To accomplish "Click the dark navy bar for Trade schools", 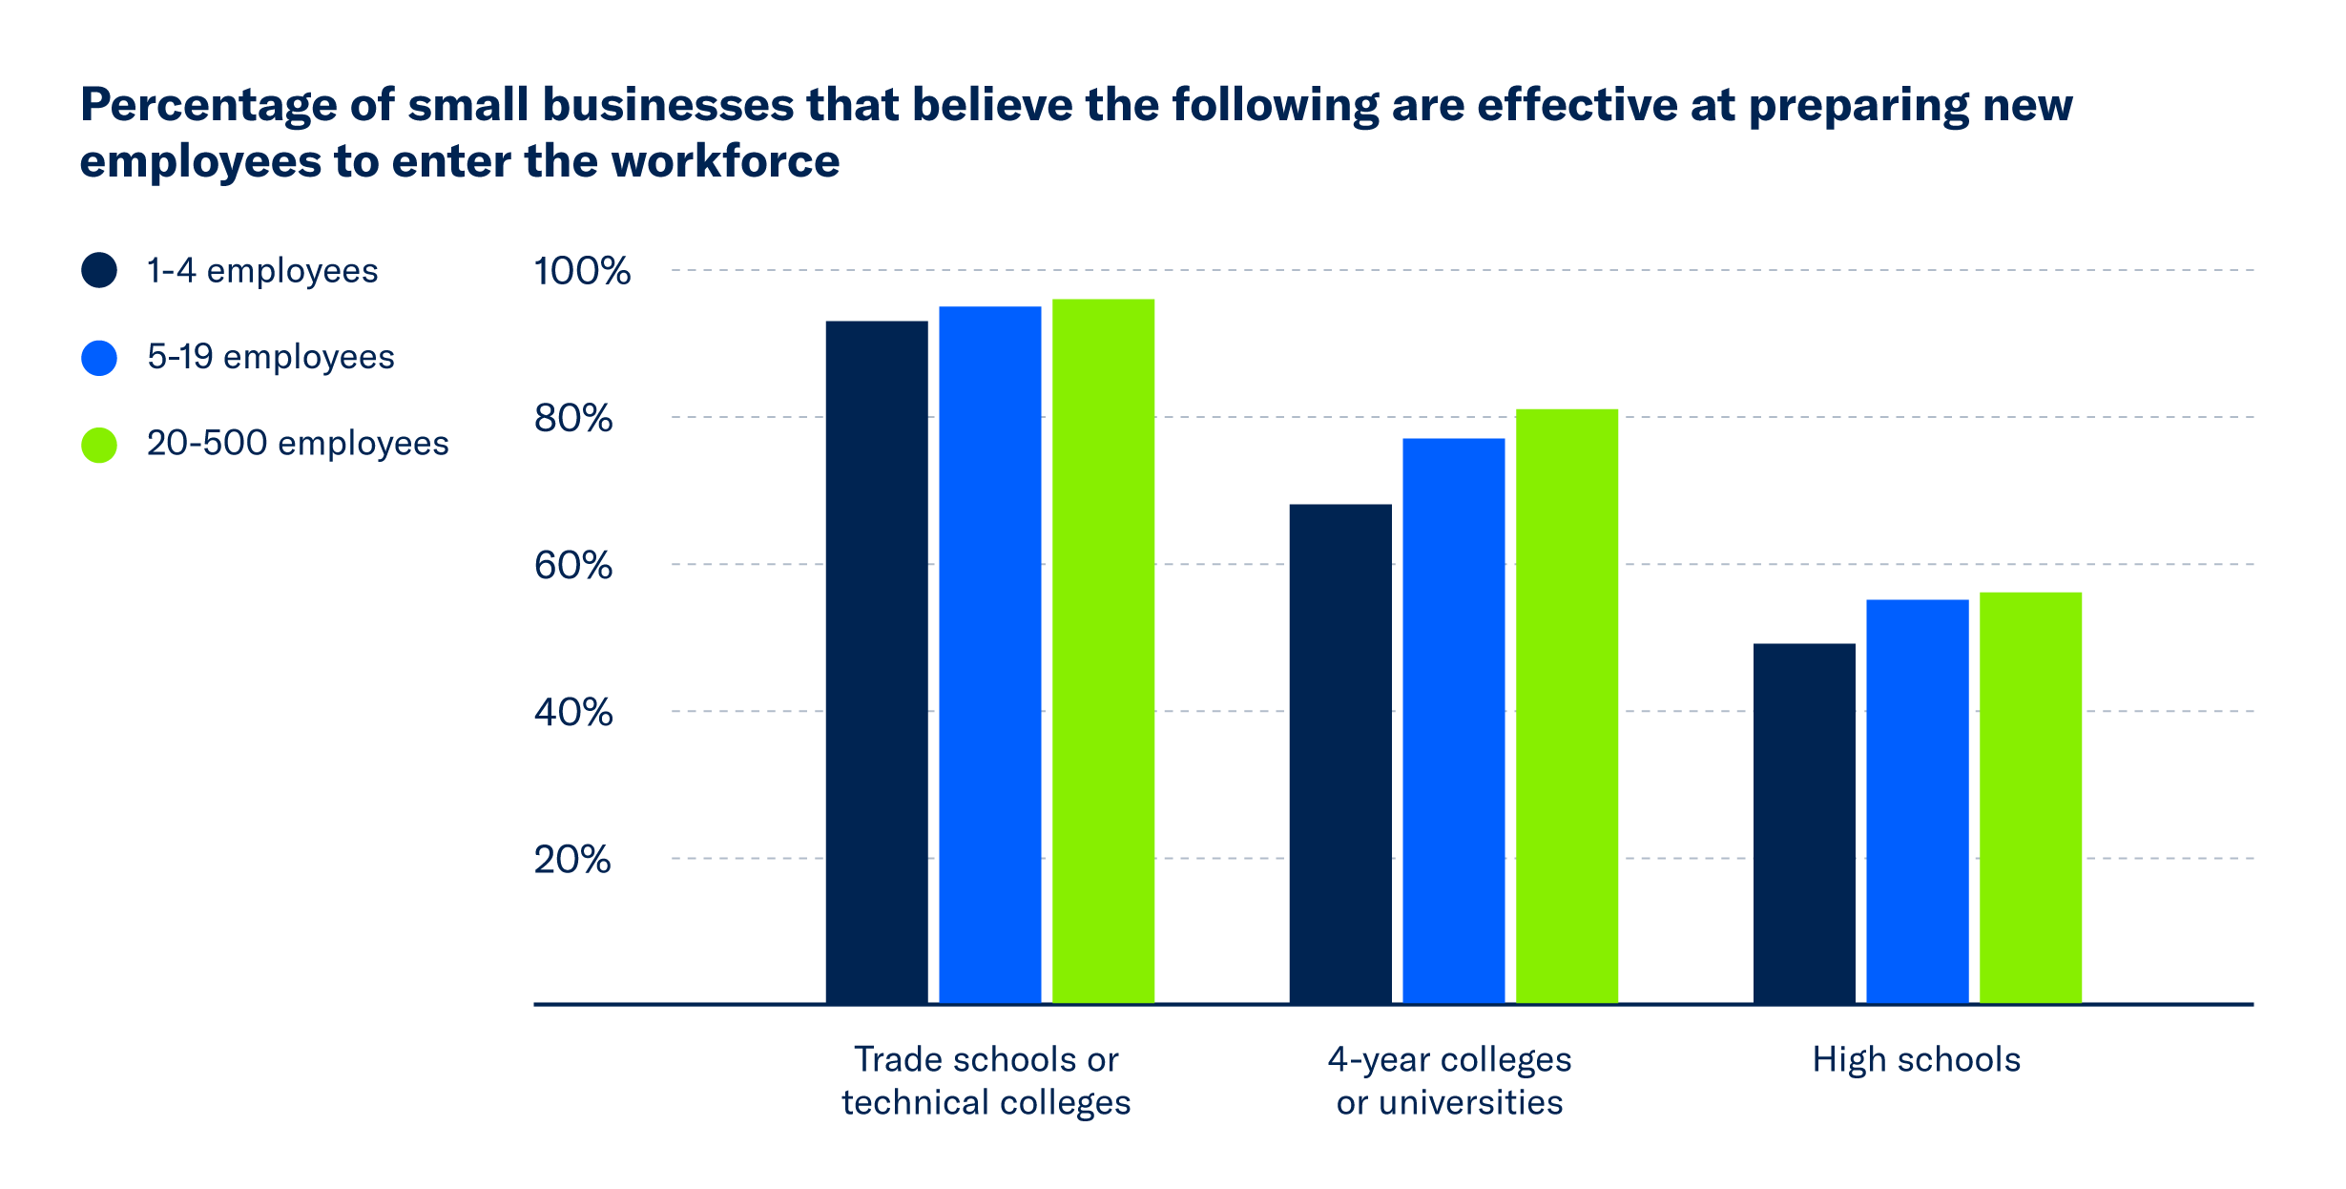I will coord(876,661).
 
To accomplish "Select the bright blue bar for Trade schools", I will coord(989,655).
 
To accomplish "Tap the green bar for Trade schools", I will coord(1103,651).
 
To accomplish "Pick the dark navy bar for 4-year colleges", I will coord(1339,753).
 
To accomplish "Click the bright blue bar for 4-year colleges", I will coord(1453,720).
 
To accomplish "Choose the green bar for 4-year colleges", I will coord(1567,705).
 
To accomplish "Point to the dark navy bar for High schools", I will coord(1803,823).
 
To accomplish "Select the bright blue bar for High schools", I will coord(1917,801).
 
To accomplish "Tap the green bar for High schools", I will coord(2030,797).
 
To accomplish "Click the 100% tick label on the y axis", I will coord(581,271).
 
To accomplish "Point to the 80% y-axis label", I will coord(572,418).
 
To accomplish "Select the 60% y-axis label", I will coord(572,565).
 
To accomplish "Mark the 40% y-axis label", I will coord(572,712).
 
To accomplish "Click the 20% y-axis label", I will coord(571,859).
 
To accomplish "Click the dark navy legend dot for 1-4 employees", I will coord(99,270).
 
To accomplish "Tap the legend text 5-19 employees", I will coord(270,357).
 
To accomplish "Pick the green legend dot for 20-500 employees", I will coord(99,445).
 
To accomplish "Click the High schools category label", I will coord(1916,1059).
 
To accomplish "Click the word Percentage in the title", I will coord(208,105).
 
